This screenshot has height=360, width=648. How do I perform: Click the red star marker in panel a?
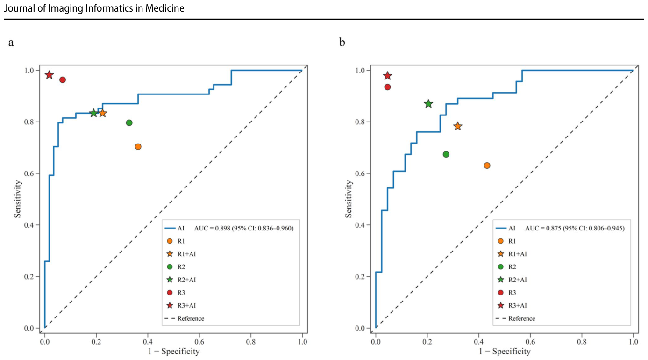49,75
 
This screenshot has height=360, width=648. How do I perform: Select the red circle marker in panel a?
63,80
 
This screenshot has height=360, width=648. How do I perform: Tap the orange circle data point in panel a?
138,147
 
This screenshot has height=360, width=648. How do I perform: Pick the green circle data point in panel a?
129,122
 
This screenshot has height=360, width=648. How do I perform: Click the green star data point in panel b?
428,104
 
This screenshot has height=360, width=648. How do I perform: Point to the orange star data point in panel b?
458,126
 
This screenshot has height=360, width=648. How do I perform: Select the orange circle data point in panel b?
487,166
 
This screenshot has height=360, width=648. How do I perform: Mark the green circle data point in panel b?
446,154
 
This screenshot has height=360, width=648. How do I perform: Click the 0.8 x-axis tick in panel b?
582,342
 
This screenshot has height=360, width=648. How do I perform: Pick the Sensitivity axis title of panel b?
349,199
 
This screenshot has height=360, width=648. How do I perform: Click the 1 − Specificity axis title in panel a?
174,351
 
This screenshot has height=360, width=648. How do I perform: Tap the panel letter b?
342,43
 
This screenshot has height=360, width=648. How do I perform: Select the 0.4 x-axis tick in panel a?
148,342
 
